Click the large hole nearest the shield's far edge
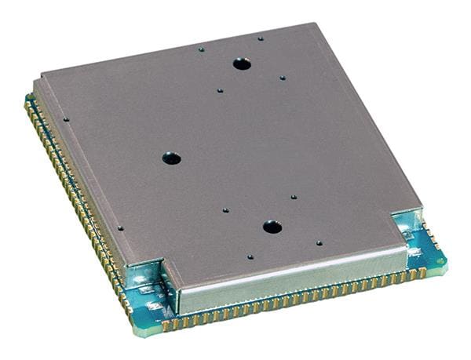click(242, 64)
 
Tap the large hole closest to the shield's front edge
click(272, 227)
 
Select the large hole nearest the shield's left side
click(171, 158)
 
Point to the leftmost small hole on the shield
click(66, 120)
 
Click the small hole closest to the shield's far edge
click(261, 38)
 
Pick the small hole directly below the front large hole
click(250, 256)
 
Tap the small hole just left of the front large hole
click(225, 211)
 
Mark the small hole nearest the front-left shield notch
click(120, 229)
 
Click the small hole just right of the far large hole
click(283, 78)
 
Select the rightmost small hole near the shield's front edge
click(319, 243)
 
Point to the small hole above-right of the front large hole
click(293, 197)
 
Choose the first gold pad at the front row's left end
click(166, 323)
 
